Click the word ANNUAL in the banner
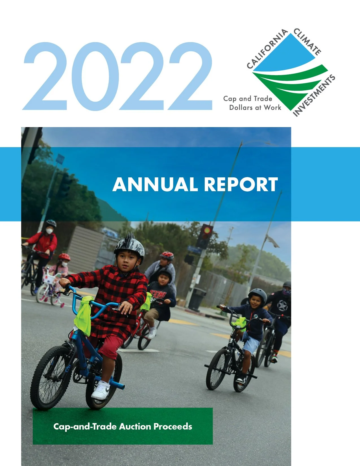pyautogui.click(x=155, y=185)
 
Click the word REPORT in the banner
pyautogui.click(x=241, y=185)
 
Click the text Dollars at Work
pyautogui.click(x=255, y=108)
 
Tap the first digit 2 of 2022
pyautogui.click(x=45, y=76)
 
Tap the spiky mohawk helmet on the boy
pyautogui.click(x=129, y=246)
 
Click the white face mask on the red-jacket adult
pyautogui.click(x=50, y=231)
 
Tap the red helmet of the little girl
pyautogui.click(x=64, y=257)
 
